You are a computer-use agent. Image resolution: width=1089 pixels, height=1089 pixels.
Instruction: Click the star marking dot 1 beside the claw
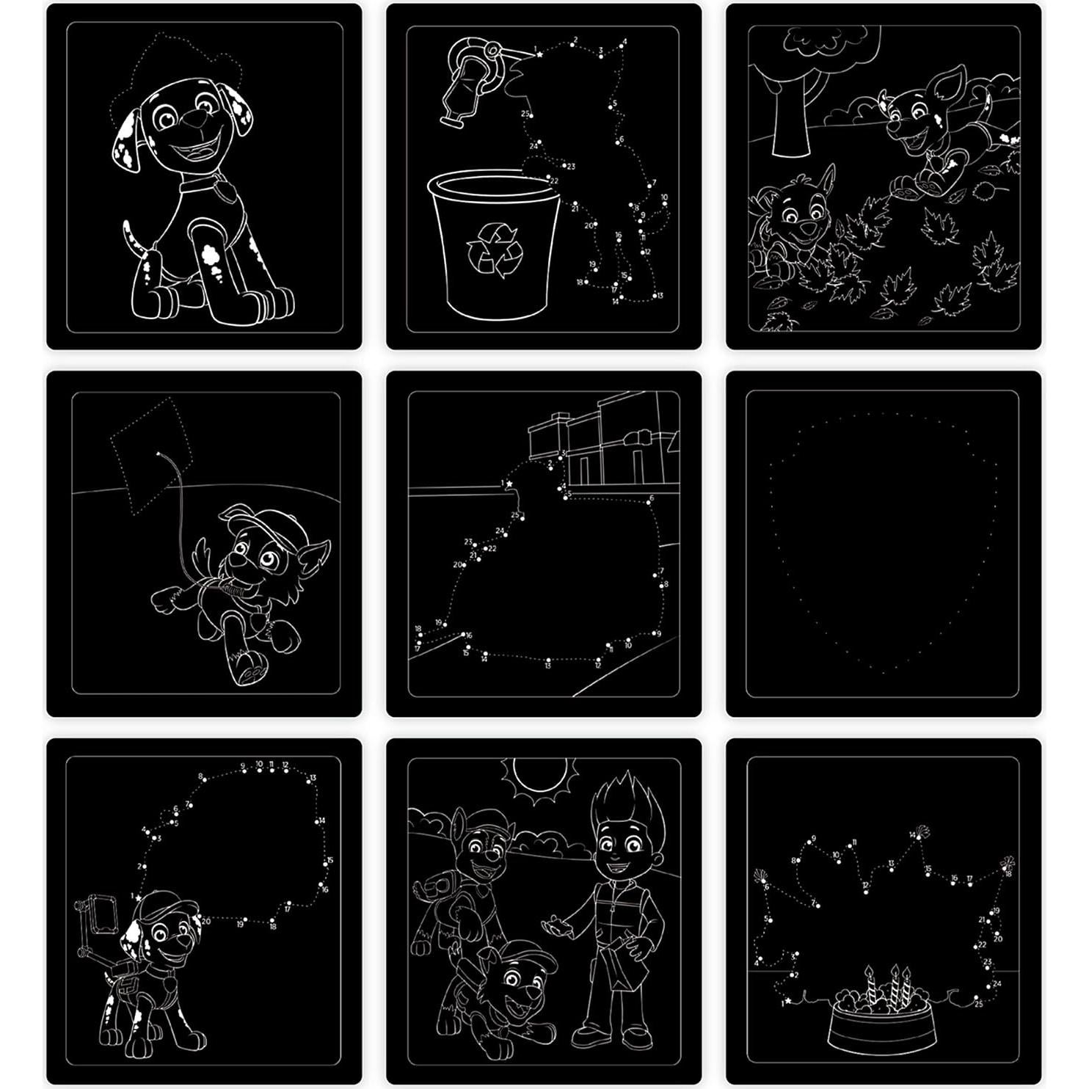[x=538, y=54]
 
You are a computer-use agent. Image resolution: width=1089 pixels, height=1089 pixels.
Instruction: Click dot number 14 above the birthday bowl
[x=913, y=835]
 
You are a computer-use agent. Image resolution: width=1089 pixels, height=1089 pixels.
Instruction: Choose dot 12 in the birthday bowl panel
[x=866, y=886]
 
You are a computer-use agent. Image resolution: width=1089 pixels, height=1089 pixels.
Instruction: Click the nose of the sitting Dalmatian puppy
[x=192, y=117]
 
